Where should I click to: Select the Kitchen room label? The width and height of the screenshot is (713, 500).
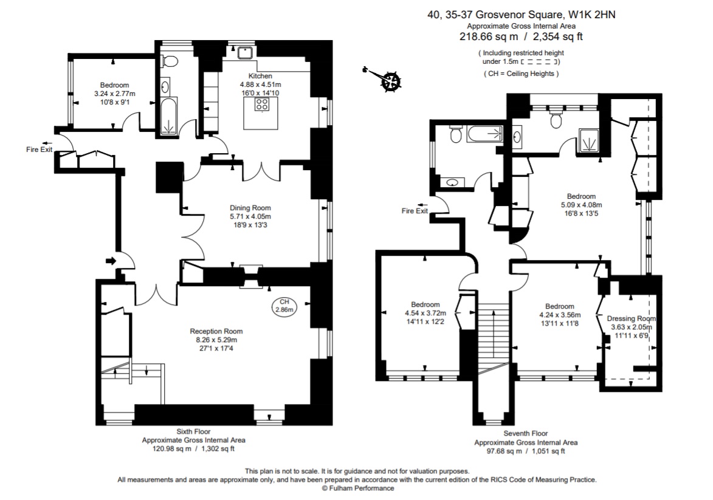[260, 76]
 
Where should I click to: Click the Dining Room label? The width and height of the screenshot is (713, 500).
[250, 207]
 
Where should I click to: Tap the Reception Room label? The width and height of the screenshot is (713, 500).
[216, 331]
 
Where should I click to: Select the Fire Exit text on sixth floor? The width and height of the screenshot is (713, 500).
[39, 149]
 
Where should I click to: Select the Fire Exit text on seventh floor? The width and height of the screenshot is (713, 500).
[415, 211]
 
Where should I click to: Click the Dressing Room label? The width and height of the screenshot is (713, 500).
[632, 318]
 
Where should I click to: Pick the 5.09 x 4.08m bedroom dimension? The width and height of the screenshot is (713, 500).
[580, 205]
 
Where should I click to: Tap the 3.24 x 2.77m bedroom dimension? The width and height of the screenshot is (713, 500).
[114, 94]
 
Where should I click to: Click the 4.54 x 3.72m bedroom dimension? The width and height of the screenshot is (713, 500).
[425, 313]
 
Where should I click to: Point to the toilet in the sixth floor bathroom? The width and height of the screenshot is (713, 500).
[170, 61]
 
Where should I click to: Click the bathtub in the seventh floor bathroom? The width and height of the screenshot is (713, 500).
[484, 134]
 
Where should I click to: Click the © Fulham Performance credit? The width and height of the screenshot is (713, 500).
[357, 488]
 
